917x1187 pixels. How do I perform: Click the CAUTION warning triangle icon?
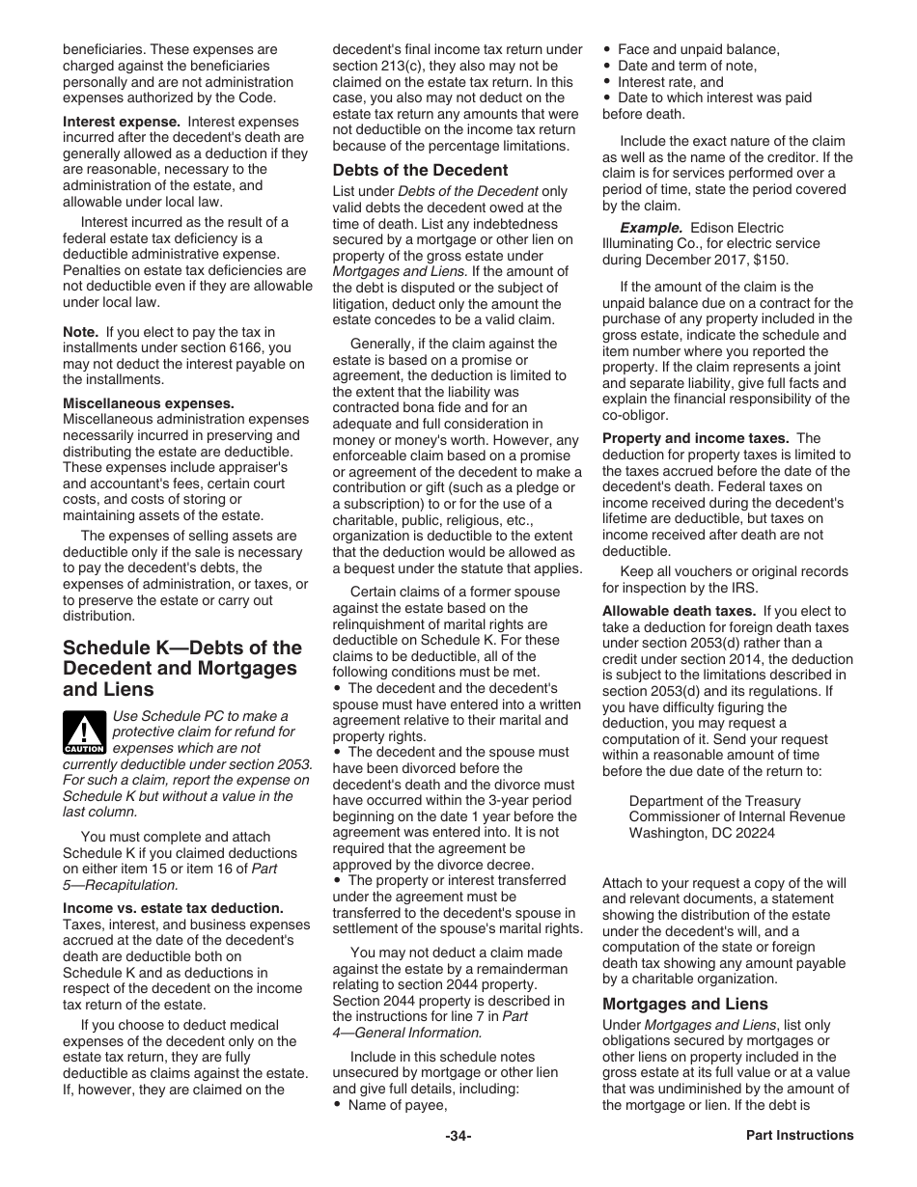click(x=85, y=731)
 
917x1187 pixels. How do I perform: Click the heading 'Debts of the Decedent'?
click(x=420, y=171)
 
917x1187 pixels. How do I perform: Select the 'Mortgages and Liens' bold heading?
click(x=685, y=1004)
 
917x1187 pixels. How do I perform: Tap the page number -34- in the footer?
click(x=458, y=1136)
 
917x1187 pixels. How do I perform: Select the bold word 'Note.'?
click(x=81, y=332)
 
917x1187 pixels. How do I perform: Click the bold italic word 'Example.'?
click(x=650, y=228)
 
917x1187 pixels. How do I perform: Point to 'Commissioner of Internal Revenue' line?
click(x=736, y=817)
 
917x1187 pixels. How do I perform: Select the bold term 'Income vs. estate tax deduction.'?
click(x=173, y=908)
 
